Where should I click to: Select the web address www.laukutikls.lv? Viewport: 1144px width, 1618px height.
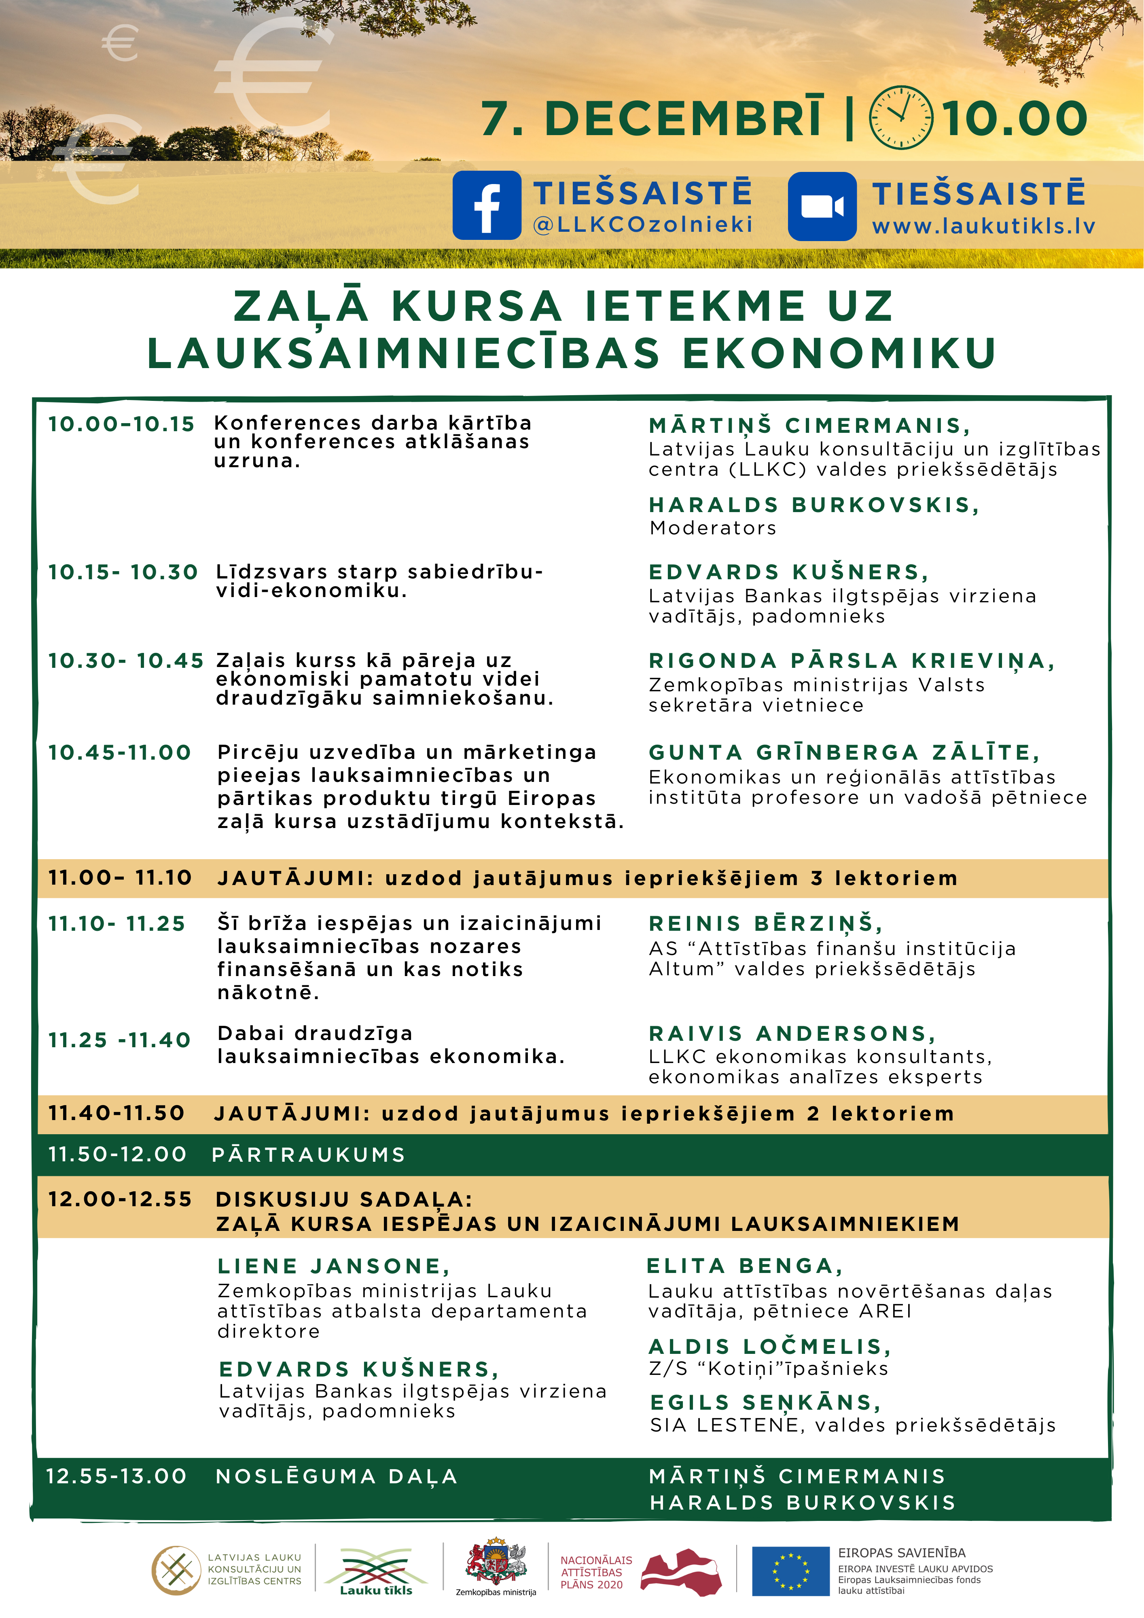[x=983, y=227]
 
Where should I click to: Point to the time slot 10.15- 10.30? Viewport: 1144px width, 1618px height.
[x=123, y=572]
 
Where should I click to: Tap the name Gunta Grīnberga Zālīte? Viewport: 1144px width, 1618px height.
[x=844, y=753]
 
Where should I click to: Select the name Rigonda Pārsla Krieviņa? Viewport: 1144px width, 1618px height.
[x=852, y=661]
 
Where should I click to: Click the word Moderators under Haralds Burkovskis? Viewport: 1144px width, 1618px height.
[x=713, y=528]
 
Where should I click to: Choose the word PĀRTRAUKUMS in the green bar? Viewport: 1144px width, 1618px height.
[x=309, y=1154]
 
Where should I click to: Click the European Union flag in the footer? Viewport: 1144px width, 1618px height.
[x=790, y=1571]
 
